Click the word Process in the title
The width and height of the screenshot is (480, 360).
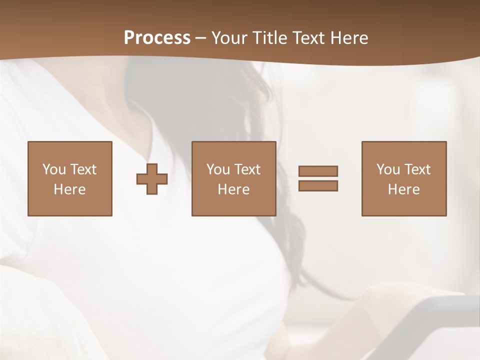tap(157, 38)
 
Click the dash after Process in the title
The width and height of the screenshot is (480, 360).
tap(200, 38)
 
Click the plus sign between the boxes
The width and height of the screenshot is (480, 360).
tap(152, 179)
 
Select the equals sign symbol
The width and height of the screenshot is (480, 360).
tap(318, 178)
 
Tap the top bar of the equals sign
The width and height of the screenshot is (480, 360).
tap(318, 171)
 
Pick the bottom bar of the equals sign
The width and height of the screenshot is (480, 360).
tap(318, 186)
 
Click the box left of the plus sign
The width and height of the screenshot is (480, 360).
tap(69, 178)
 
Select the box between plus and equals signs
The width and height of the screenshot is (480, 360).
tap(233, 178)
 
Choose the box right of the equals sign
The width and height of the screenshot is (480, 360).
tap(404, 178)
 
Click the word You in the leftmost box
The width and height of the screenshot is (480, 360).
tap(54, 169)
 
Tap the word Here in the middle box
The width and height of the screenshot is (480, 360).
tap(233, 189)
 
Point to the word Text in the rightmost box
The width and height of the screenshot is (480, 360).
tap(417, 169)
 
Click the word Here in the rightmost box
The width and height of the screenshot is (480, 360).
tap(404, 189)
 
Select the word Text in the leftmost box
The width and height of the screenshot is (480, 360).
tap(83, 169)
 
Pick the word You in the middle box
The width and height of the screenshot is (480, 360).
tap(218, 169)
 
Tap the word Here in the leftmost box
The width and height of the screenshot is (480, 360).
tap(69, 189)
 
